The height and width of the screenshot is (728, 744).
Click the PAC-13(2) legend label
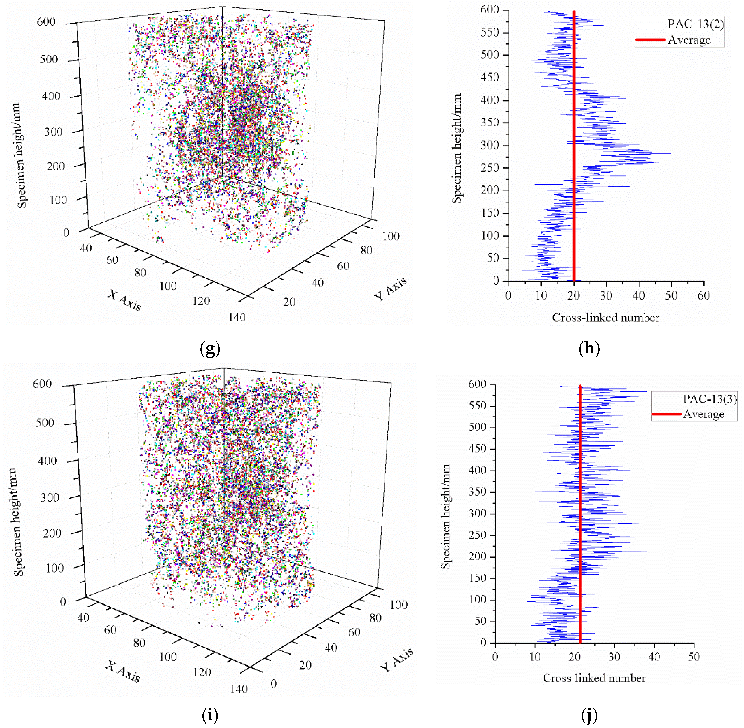pos(695,24)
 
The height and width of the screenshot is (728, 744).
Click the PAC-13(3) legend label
pos(710,399)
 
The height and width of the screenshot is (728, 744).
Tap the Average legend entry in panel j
pos(703,414)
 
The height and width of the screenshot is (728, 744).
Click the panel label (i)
pos(210,715)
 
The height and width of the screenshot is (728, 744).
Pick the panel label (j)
pos(589,715)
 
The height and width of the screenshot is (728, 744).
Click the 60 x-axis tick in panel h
pos(703,296)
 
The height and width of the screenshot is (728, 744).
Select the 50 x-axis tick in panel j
pos(694,657)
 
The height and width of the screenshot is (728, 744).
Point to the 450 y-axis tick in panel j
pos(478,449)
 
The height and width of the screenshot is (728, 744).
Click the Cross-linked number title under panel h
pos(606,318)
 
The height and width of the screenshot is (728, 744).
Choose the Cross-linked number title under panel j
pos(594,678)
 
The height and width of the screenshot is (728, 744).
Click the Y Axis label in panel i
pos(397,660)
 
